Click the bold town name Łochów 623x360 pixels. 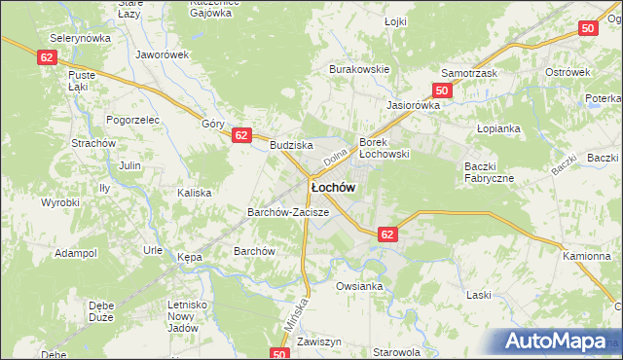click(x=332, y=186)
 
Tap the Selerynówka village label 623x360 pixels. click(x=82, y=37)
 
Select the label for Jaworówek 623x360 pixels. click(x=162, y=54)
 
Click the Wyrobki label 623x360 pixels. click(x=59, y=202)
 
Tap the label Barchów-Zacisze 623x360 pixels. click(x=288, y=211)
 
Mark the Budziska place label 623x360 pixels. click(x=290, y=144)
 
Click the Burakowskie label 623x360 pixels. click(x=359, y=70)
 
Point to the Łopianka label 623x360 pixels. click(x=499, y=128)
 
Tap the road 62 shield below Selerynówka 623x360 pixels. click(x=48, y=57)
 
